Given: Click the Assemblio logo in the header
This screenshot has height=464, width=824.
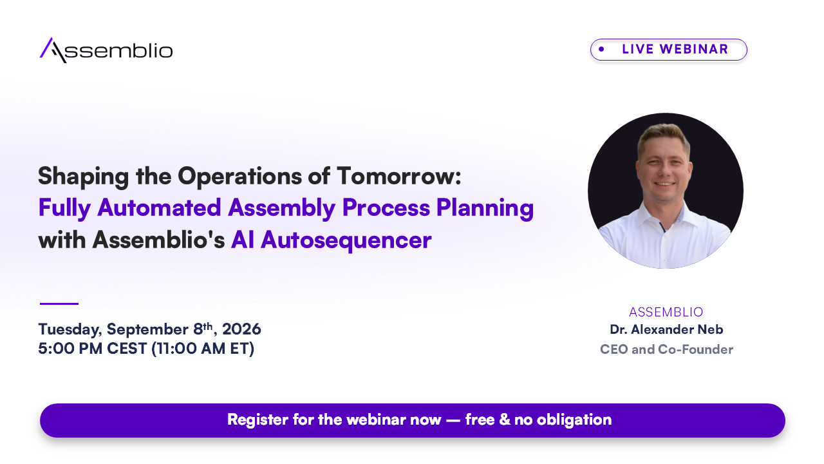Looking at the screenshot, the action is click(106, 50).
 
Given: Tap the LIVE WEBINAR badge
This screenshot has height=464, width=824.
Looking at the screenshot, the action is click(669, 50).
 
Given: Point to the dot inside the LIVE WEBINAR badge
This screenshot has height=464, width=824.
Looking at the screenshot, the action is click(601, 49).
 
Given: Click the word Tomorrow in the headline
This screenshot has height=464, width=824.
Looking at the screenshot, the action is click(398, 176).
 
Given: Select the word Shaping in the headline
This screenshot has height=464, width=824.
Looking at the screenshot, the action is click(84, 177).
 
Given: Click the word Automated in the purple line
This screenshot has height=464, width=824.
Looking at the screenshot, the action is click(159, 208).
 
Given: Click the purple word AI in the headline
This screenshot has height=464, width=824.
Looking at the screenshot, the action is click(243, 240).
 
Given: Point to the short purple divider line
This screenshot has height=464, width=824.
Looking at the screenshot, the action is click(59, 304).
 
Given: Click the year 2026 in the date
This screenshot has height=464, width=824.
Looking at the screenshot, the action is click(241, 329).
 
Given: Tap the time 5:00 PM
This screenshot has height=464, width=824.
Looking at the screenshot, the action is click(70, 349).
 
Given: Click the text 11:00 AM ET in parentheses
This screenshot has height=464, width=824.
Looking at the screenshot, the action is click(203, 349).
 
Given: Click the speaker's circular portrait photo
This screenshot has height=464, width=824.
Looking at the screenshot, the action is click(666, 191).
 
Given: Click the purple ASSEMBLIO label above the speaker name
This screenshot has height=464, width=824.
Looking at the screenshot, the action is click(666, 312).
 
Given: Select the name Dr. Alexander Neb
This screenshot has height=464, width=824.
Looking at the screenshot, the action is click(666, 329).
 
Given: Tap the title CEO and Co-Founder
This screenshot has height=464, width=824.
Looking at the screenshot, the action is click(666, 349).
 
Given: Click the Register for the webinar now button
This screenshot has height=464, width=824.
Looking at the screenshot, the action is click(413, 420).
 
